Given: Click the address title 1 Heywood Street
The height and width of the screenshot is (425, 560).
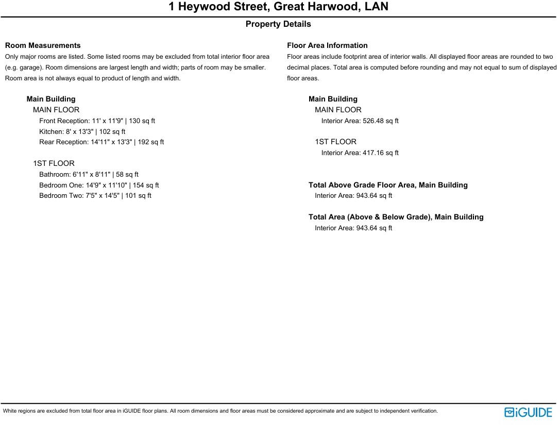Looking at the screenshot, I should [x=278, y=7].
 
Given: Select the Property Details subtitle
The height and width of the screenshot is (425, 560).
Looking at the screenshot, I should [x=278, y=24].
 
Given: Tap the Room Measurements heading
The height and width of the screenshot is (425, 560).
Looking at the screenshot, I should [x=43, y=45].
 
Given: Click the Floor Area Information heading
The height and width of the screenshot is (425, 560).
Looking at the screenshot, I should [x=327, y=45].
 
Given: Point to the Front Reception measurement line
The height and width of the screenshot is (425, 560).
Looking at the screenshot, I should [x=97, y=121].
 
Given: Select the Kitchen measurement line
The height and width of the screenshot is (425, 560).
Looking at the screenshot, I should [x=82, y=131].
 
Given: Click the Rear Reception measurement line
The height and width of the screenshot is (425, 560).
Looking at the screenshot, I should [x=101, y=142].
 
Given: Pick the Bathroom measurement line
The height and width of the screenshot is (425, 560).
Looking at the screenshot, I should [x=89, y=174].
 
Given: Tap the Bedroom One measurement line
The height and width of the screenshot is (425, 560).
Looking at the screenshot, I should [x=99, y=185].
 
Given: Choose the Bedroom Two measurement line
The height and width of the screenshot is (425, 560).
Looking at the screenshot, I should [x=95, y=195].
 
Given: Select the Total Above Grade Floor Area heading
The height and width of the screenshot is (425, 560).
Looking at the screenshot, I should [x=388, y=185].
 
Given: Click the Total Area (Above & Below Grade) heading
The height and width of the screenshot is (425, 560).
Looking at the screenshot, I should [x=396, y=217].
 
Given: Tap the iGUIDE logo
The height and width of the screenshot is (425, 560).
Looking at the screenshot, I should [x=528, y=412].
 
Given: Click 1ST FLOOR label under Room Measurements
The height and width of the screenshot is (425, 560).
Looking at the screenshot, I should [x=54, y=163].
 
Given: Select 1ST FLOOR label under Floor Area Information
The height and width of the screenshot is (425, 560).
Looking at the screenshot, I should [x=335, y=142].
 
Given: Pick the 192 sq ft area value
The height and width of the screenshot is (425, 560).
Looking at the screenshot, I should [x=151, y=142].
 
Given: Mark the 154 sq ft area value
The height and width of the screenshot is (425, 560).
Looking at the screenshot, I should [x=146, y=185].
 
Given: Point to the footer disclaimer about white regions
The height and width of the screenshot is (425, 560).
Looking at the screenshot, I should [x=220, y=411].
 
